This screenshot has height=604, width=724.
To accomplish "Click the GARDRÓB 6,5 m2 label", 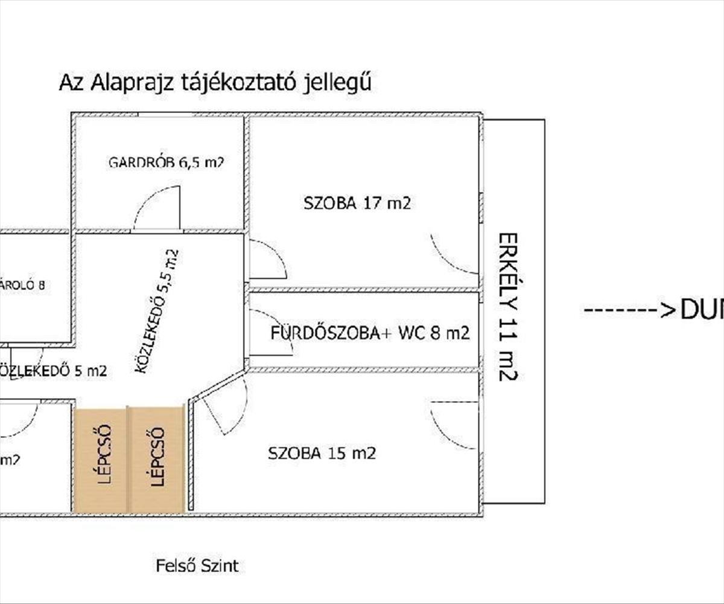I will pyautogui.click(x=167, y=162).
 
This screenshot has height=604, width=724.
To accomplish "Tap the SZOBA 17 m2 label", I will pyautogui.click(x=357, y=204).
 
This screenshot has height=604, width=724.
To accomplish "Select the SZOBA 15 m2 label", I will pyautogui.click(x=322, y=453).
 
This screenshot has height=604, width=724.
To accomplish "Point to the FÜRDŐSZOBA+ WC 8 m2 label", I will pyautogui.click(x=370, y=333).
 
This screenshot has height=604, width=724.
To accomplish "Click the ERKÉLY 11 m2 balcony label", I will pyautogui.click(x=509, y=306).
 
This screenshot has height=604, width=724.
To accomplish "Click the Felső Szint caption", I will pyautogui.click(x=197, y=566).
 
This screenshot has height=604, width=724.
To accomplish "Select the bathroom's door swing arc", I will pyautogui.click(x=270, y=332).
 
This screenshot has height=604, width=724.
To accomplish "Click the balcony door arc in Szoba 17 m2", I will pyautogui.click(x=454, y=254).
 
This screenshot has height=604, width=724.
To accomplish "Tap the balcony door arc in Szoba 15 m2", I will pyautogui.click(x=454, y=424).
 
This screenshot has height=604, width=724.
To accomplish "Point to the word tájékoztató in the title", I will pyautogui.click(x=237, y=83).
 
